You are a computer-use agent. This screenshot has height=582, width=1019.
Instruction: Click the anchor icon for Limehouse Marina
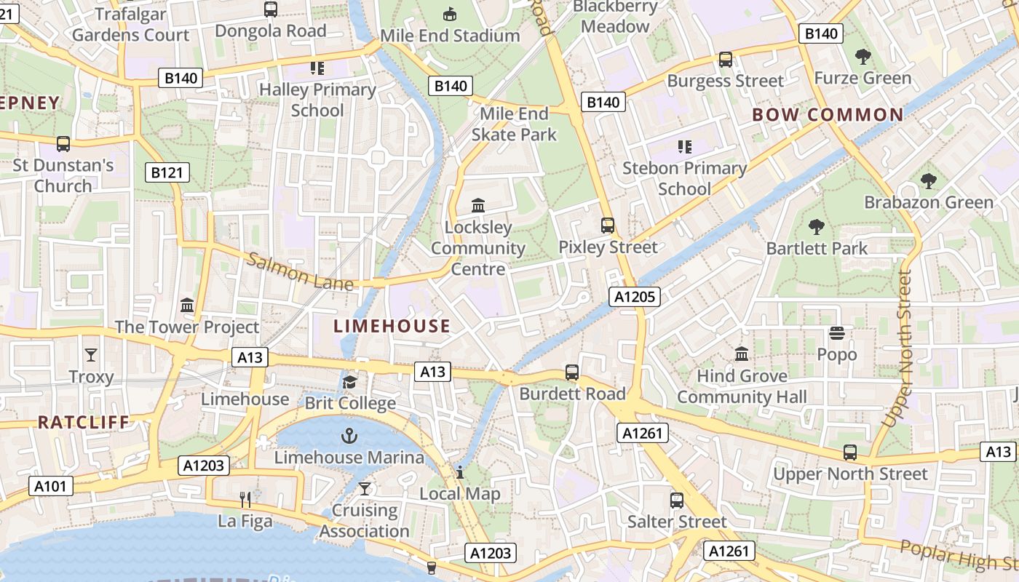pos(349,436)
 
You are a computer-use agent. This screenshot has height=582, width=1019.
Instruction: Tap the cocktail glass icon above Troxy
pos(91,355)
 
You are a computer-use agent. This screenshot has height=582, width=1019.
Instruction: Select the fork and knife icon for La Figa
pos(245,499)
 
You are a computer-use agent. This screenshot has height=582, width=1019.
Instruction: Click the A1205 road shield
pos(635,296)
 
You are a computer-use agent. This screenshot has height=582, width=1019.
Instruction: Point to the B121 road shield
pos(167,172)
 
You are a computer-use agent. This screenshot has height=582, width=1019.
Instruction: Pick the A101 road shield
pos(51,485)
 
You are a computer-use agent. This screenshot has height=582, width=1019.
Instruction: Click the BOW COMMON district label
pos(828,115)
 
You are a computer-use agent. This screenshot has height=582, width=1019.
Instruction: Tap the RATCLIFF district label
pos(83,422)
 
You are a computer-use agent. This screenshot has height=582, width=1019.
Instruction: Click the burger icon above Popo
pos(837,333)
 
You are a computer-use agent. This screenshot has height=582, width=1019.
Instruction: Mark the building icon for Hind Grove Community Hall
pos(742,354)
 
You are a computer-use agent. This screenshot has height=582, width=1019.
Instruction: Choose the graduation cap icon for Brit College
pos(350,382)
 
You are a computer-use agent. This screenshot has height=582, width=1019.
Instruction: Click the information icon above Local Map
pos(460,472)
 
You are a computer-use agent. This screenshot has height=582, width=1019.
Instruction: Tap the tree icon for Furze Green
pos(863,56)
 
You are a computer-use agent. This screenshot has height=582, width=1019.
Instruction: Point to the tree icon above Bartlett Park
pos(817,227)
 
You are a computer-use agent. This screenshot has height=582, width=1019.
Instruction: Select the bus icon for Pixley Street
pos(608,226)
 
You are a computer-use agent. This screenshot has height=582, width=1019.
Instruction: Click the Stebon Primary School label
pos(684,178)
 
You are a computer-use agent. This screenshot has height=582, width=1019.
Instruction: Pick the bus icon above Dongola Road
pos(271,9)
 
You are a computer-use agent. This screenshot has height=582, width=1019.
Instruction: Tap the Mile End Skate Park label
pos(514,124)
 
